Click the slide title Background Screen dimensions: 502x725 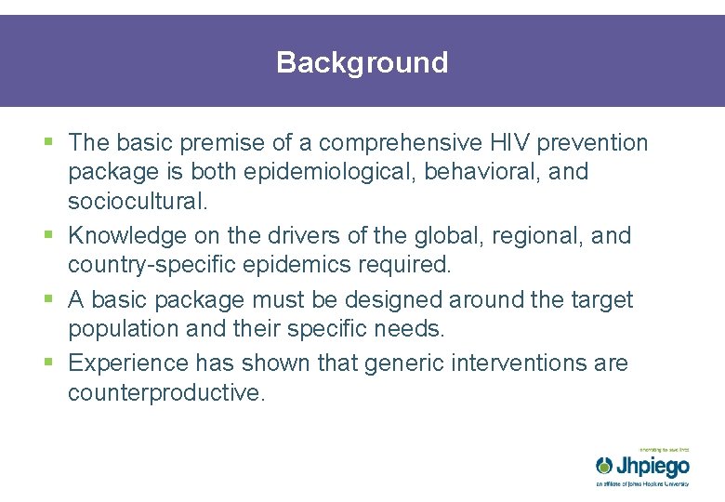(362, 62)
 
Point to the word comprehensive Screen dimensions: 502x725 (399, 142)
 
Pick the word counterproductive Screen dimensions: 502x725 (166, 392)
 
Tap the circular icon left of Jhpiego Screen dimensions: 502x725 (605, 465)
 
